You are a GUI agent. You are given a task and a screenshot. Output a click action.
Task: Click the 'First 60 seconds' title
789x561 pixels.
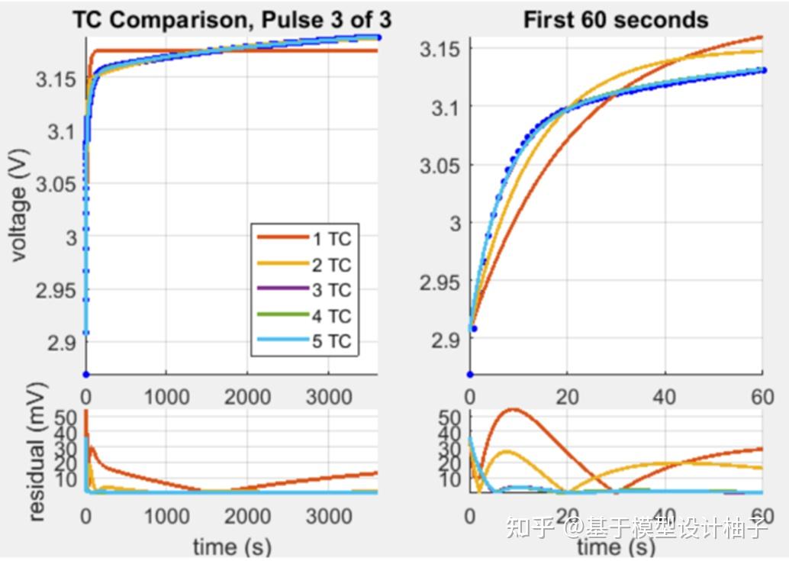tap(616, 20)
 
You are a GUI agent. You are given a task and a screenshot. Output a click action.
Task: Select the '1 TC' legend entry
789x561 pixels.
tap(332, 239)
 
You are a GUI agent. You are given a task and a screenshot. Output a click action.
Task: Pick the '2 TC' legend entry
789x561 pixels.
tap(332, 265)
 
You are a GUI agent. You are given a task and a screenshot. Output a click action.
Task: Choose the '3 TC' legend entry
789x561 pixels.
tap(332, 290)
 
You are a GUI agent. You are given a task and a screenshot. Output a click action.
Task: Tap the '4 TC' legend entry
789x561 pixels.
tap(332, 316)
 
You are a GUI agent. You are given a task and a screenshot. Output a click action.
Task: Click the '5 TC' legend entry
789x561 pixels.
tap(332, 341)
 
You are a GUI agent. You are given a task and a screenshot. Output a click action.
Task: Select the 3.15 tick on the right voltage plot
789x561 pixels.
tap(440, 50)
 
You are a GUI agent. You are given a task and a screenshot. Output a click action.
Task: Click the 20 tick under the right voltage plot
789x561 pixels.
tap(567, 397)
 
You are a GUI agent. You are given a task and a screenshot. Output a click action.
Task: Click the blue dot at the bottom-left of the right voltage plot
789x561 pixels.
tap(470, 374)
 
